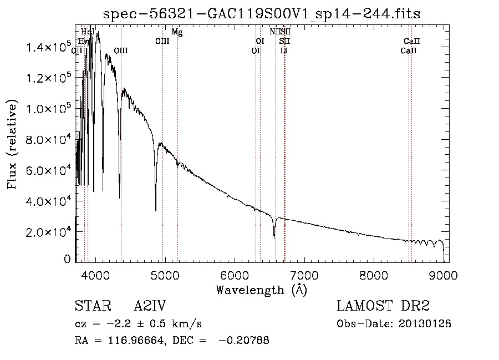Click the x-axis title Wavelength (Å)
point(261,289)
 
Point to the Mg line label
point(177,32)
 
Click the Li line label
point(284,50)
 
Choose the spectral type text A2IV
point(150,306)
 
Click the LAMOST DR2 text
point(383,306)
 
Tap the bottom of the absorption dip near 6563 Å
point(274,237)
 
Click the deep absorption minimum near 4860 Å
point(156,210)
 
